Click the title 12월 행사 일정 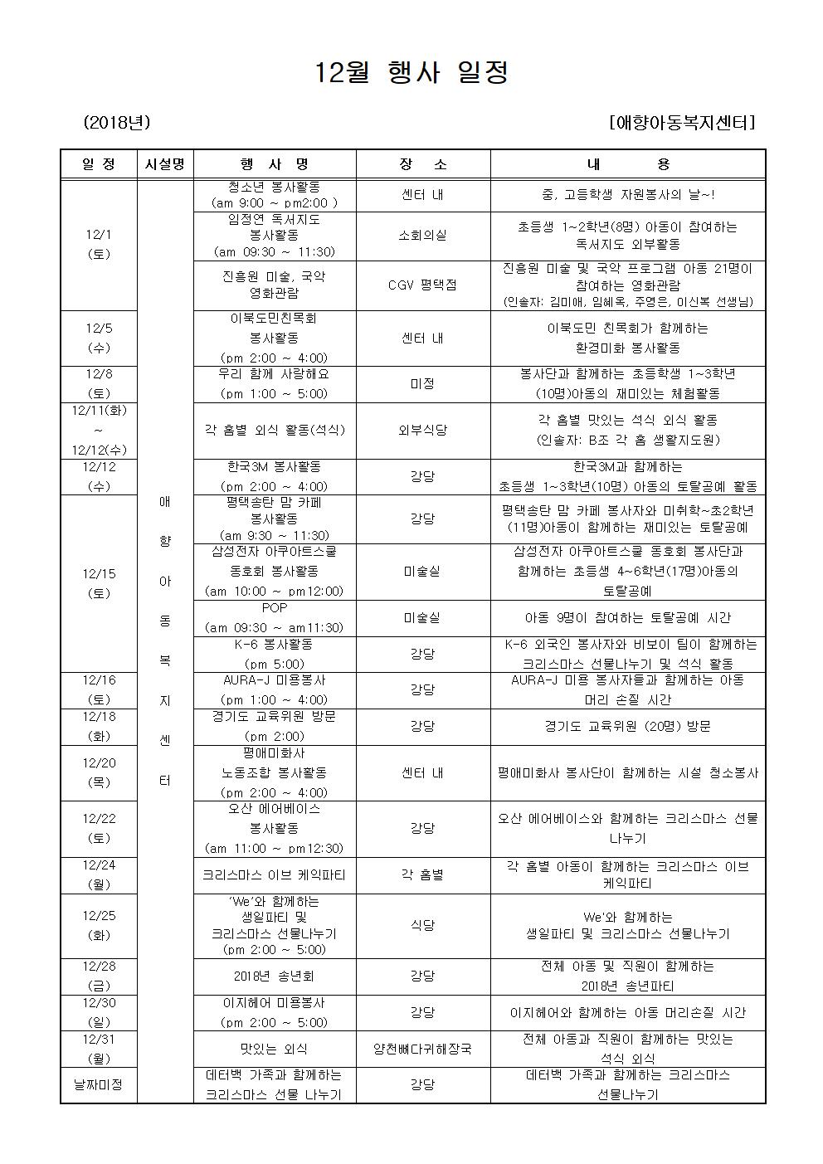(x=411, y=73)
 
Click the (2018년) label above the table (x=116, y=123)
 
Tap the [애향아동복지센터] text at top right (x=681, y=123)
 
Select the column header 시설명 (x=164, y=164)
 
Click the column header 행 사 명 (x=275, y=164)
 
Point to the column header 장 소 (x=422, y=164)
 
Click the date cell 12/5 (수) (x=99, y=338)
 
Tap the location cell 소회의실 (x=422, y=236)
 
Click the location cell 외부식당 (x=422, y=430)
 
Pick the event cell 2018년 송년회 (x=275, y=976)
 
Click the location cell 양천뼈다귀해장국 (x=422, y=1049)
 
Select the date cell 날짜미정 (x=99, y=1084)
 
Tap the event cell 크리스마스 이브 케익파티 (x=275, y=874)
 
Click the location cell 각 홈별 (x=422, y=874)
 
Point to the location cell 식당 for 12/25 (x=422, y=925)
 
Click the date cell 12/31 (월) (x=99, y=1049)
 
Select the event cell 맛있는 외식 (x=275, y=1049)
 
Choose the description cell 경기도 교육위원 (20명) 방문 (x=627, y=726)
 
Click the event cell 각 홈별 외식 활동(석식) (x=275, y=430)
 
